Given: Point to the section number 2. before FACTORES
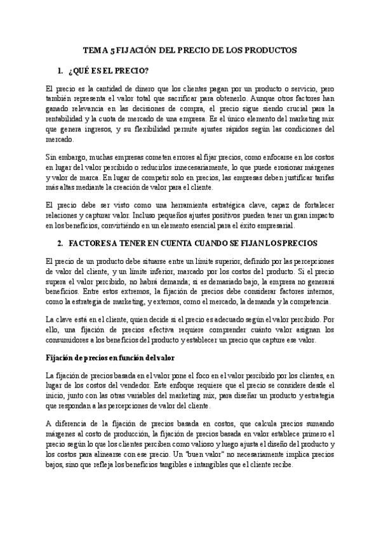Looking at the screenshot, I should click(x=61, y=243).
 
